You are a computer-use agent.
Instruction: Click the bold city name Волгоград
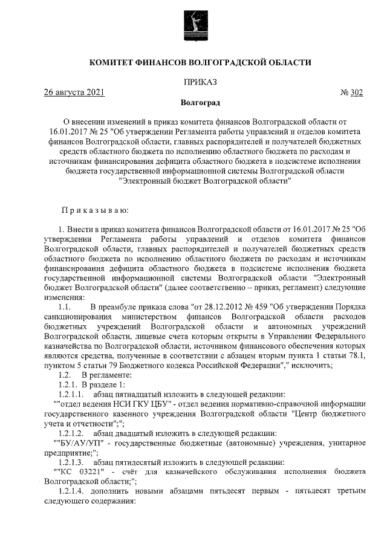tap(200, 103)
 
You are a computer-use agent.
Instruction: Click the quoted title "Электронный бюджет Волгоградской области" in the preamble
tap(206, 180)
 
